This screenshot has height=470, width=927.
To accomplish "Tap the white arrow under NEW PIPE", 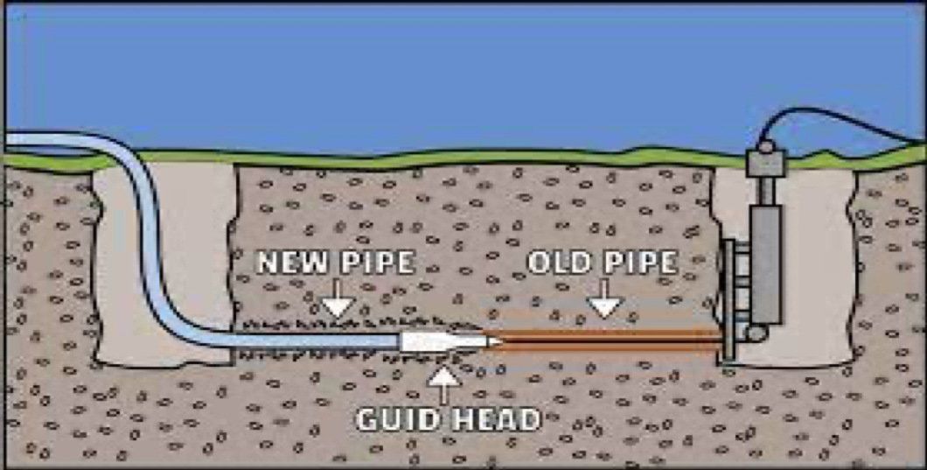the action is tap(338, 297).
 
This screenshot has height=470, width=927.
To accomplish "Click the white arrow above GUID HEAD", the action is tap(444, 385).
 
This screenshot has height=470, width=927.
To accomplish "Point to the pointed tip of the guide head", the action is tap(501, 341).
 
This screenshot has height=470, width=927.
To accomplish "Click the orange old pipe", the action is tap(604, 341).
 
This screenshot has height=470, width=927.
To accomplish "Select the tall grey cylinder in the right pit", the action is tap(766, 263).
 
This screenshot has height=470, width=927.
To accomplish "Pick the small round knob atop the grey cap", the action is tap(765, 145).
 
